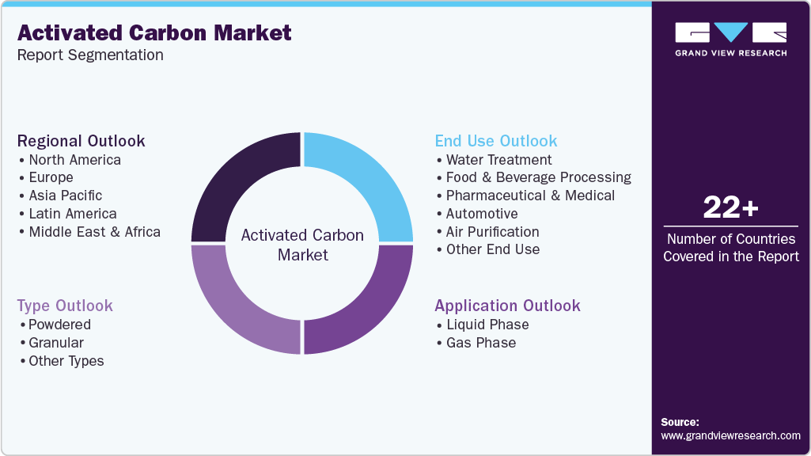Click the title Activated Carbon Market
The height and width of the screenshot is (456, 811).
[x=154, y=32]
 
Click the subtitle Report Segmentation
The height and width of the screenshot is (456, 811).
[x=90, y=55]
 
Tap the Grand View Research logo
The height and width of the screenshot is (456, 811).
[x=730, y=39]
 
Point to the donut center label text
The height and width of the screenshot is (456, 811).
[x=302, y=245]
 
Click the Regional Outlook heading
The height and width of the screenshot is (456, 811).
[x=81, y=141]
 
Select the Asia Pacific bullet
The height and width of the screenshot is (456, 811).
[x=65, y=196]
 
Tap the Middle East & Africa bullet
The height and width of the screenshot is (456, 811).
[x=93, y=232]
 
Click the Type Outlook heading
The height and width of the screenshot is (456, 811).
[x=65, y=306]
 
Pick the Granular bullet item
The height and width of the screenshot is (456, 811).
[x=55, y=343]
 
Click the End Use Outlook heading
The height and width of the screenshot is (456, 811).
[x=496, y=141]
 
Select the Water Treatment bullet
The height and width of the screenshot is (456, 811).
[x=498, y=160]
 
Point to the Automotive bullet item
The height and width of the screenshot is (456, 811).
[x=481, y=214]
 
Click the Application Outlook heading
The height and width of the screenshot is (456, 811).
[x=507, y=306]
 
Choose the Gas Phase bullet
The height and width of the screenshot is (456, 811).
[x=480, y=343]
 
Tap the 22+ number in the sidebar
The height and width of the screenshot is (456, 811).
[x=730, y=208]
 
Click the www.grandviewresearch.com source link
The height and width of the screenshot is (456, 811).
[x=730, y=435]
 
